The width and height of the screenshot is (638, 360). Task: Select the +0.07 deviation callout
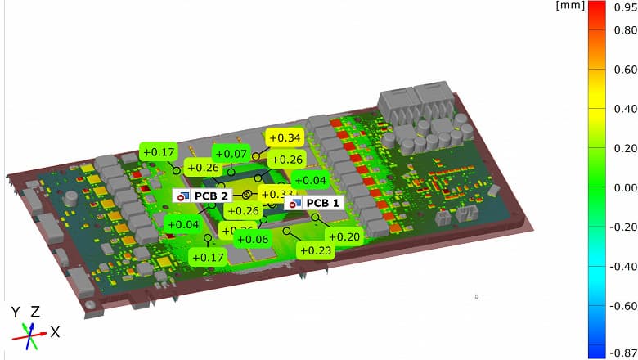(231, 154)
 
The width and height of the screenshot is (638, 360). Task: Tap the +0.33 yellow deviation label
(276, 195)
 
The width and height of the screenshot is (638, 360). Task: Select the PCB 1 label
(314, 203)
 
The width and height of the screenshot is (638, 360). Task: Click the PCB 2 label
(202, 196)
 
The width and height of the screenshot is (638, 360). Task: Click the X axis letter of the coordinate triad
(55, 332)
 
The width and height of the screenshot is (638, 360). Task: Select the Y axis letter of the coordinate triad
(16, 312)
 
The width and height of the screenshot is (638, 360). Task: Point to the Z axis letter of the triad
(35, 312)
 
